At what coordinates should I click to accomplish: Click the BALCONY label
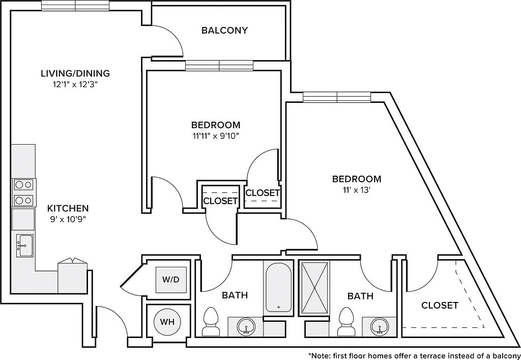click(x=224, y=31)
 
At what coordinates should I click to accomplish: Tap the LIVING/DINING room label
click(x=75, y=73)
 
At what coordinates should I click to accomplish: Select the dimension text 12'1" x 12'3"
click(x=75, y=85)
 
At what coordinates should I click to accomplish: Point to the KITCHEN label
click(x=68, y=208)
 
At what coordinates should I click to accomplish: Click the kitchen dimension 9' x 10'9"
click(x=68, y=220)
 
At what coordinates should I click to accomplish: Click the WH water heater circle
click(x=167, y=322)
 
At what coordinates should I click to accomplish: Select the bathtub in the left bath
click(x=278, y=287)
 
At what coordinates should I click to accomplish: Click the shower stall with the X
click(x=314, y=287)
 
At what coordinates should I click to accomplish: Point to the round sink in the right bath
click(x=380, y=325)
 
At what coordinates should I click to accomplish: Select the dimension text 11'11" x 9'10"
click(x=216, y=136)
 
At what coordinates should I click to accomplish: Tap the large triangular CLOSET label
click(x=440, y=306)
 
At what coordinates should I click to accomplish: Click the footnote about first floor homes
click(x=414, y=355)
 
